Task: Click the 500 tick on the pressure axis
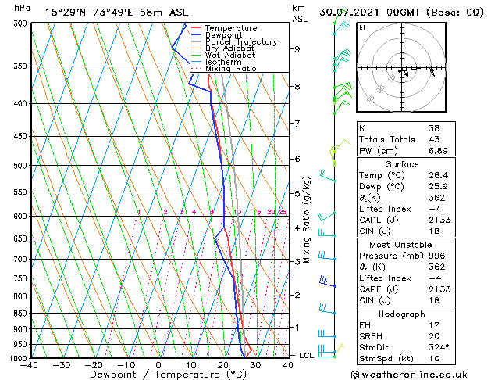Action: (21, 166)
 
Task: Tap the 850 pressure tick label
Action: (21, 314)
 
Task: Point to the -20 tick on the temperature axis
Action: (93, 364)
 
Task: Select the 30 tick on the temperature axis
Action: (255, 364)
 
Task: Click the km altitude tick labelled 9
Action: (297, 48)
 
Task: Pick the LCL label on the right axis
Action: (308, 355)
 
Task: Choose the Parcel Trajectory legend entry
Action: (240, 42)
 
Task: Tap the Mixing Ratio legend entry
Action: (232, 69)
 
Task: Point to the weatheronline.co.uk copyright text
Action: (422, 373)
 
